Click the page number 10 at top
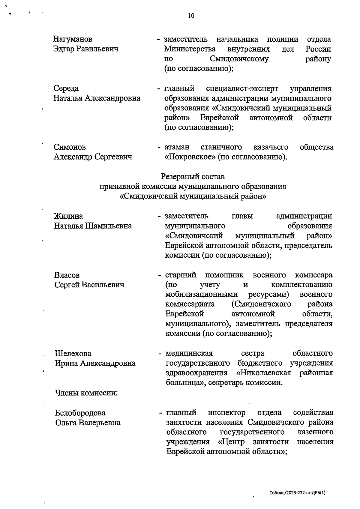point(191,16)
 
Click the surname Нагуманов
point(73,39)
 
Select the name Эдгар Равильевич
point(85,49)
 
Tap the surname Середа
point(66,88)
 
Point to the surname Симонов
point(70,147)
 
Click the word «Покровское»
point(190,157)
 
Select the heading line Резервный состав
point(193,176)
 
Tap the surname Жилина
point(68,216)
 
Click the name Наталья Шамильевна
point(93,226)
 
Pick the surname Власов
point(67,275)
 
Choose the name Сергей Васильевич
point(89,285)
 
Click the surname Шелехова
point(73,354)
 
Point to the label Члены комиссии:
point(86,393)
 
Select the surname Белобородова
point(80,413)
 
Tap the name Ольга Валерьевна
point(88,423)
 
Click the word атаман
point(177,147)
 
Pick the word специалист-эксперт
point(242,89)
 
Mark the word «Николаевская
point(264,373)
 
